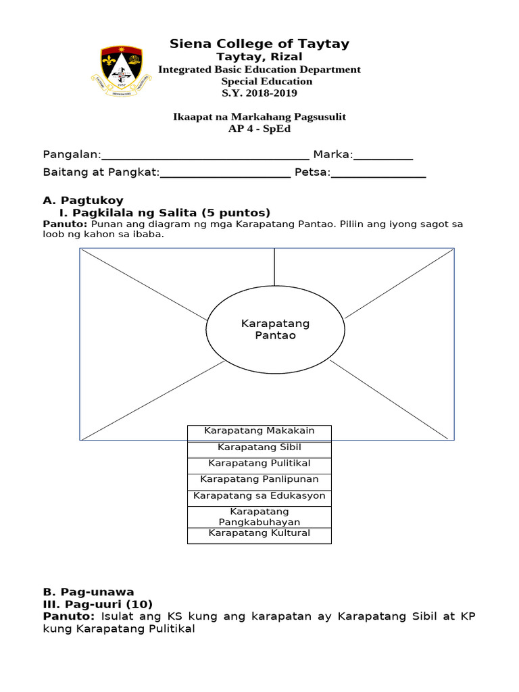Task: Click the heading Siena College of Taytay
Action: coord(259,44)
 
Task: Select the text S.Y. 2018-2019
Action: coord(259,93)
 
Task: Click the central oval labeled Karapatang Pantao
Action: coord(275,330)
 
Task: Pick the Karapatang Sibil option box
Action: coord(259,448)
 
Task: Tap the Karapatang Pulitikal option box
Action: coord(259,464)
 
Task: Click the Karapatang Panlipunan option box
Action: coord(259,480)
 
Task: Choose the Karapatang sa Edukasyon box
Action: coord(259,497)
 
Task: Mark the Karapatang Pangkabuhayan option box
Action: coord(259,517)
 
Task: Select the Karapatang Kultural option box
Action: coord(259,535)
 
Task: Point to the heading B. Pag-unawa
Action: coord(89,592)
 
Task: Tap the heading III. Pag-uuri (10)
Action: coord(98,604)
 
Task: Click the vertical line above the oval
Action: coord(274,267)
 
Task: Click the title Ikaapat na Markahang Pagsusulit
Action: coord(259,117)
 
